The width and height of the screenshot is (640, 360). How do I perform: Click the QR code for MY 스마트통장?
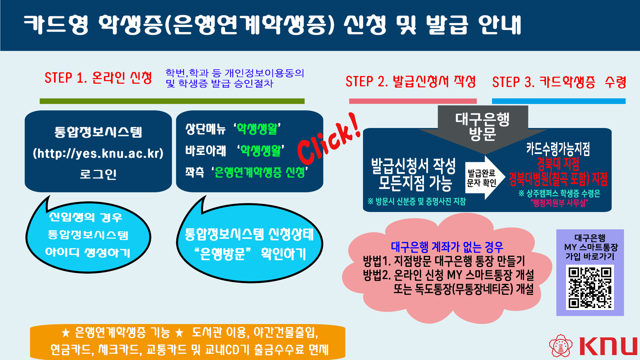[590, 287]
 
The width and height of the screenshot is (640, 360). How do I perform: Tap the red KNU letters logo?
[608, 346]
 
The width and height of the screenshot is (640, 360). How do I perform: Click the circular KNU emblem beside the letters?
[561, 346]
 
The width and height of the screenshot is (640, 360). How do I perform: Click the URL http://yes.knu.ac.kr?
[98, 153]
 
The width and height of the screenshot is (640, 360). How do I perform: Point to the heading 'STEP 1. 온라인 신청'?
[98, 78]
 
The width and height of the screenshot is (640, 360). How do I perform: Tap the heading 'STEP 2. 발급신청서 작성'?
[411, 82]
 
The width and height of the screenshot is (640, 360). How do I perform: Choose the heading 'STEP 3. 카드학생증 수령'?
[559, 82]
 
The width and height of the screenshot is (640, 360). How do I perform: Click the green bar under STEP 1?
[172, 101]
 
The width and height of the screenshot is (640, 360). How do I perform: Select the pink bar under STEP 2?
[413, 101]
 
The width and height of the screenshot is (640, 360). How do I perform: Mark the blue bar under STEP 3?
[559, 101]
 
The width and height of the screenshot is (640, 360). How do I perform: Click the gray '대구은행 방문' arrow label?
[483, 127]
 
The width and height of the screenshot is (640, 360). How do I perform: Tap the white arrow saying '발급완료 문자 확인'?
[485, 178]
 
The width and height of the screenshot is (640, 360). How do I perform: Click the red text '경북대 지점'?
[558, 164]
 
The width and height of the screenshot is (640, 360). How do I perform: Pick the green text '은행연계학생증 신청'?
[260, 172]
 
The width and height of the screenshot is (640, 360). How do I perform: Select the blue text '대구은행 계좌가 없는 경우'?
[447, 247]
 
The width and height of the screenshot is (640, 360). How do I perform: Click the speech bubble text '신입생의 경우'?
[86, 217]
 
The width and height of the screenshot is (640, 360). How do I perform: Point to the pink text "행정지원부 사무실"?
[559, 203]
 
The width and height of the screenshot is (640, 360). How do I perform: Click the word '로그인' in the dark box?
[98, 174]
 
